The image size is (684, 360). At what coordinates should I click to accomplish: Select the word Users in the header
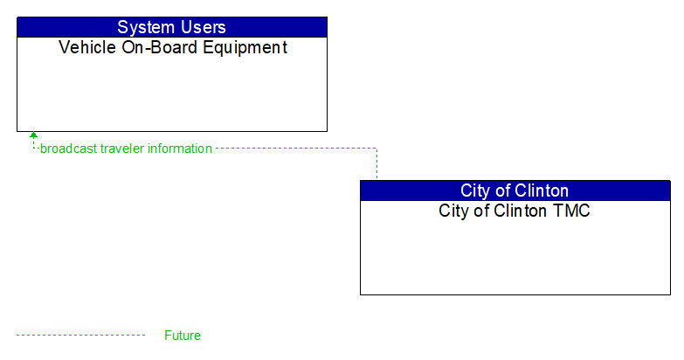[x=202, y=27]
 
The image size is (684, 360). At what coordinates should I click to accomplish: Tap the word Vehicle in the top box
[x=86, y=48]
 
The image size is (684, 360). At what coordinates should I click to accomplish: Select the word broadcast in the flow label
[x=69, y=149]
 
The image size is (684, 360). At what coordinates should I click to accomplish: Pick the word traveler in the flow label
[x=122, y=149]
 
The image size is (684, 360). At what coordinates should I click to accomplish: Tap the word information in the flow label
[x=180, y=149]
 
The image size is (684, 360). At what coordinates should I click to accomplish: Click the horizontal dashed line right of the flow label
[x=297, y=149]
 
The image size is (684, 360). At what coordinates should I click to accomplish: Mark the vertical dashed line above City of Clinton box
[x=377, y=164]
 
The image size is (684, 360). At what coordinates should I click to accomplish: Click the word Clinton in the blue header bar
[x=541, y=190]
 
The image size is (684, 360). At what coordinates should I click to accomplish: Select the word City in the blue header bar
[x=476, y=190]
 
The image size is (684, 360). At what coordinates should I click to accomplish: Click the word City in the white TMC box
[x=454, y=211]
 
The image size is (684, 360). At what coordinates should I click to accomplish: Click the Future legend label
[x=183, y=336]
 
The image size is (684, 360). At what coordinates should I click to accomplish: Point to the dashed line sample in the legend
[x=80, y=336]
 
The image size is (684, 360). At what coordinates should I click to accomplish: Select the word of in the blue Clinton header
[x=502, y=190]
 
